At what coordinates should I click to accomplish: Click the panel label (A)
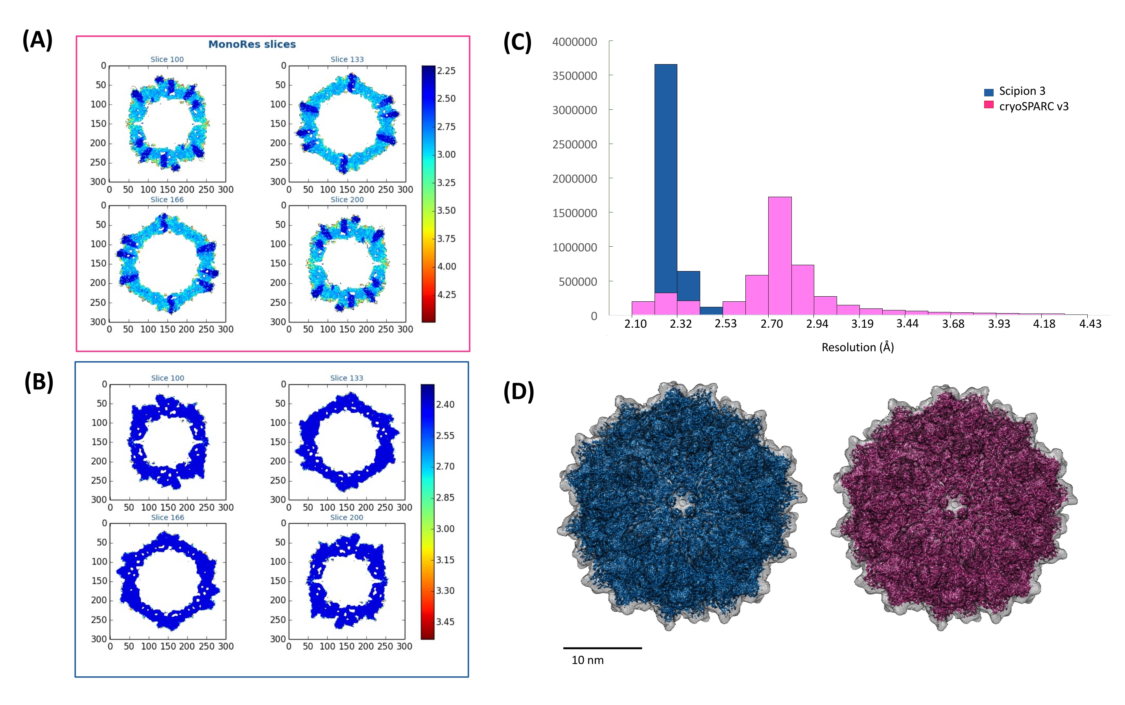coord(37,40)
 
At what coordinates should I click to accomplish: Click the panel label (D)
coord(518,392)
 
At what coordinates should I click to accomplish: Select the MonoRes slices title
coord(252,44)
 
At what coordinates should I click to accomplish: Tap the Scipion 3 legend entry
coord(1022,91)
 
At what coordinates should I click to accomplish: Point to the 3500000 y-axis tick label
coord(574,76)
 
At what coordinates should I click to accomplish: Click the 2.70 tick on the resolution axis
coord(772,324)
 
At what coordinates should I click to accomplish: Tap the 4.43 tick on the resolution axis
coord(1090,324)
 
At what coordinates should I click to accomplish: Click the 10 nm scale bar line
coord(602,648)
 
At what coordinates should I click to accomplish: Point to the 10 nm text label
coord(587,660)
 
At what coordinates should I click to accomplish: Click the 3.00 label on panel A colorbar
coord(446,155)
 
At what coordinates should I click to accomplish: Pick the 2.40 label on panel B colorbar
coord(445,404)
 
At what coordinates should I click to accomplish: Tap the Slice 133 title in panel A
coord(347,59)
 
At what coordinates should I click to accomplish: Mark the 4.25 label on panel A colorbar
coord(446,295)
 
